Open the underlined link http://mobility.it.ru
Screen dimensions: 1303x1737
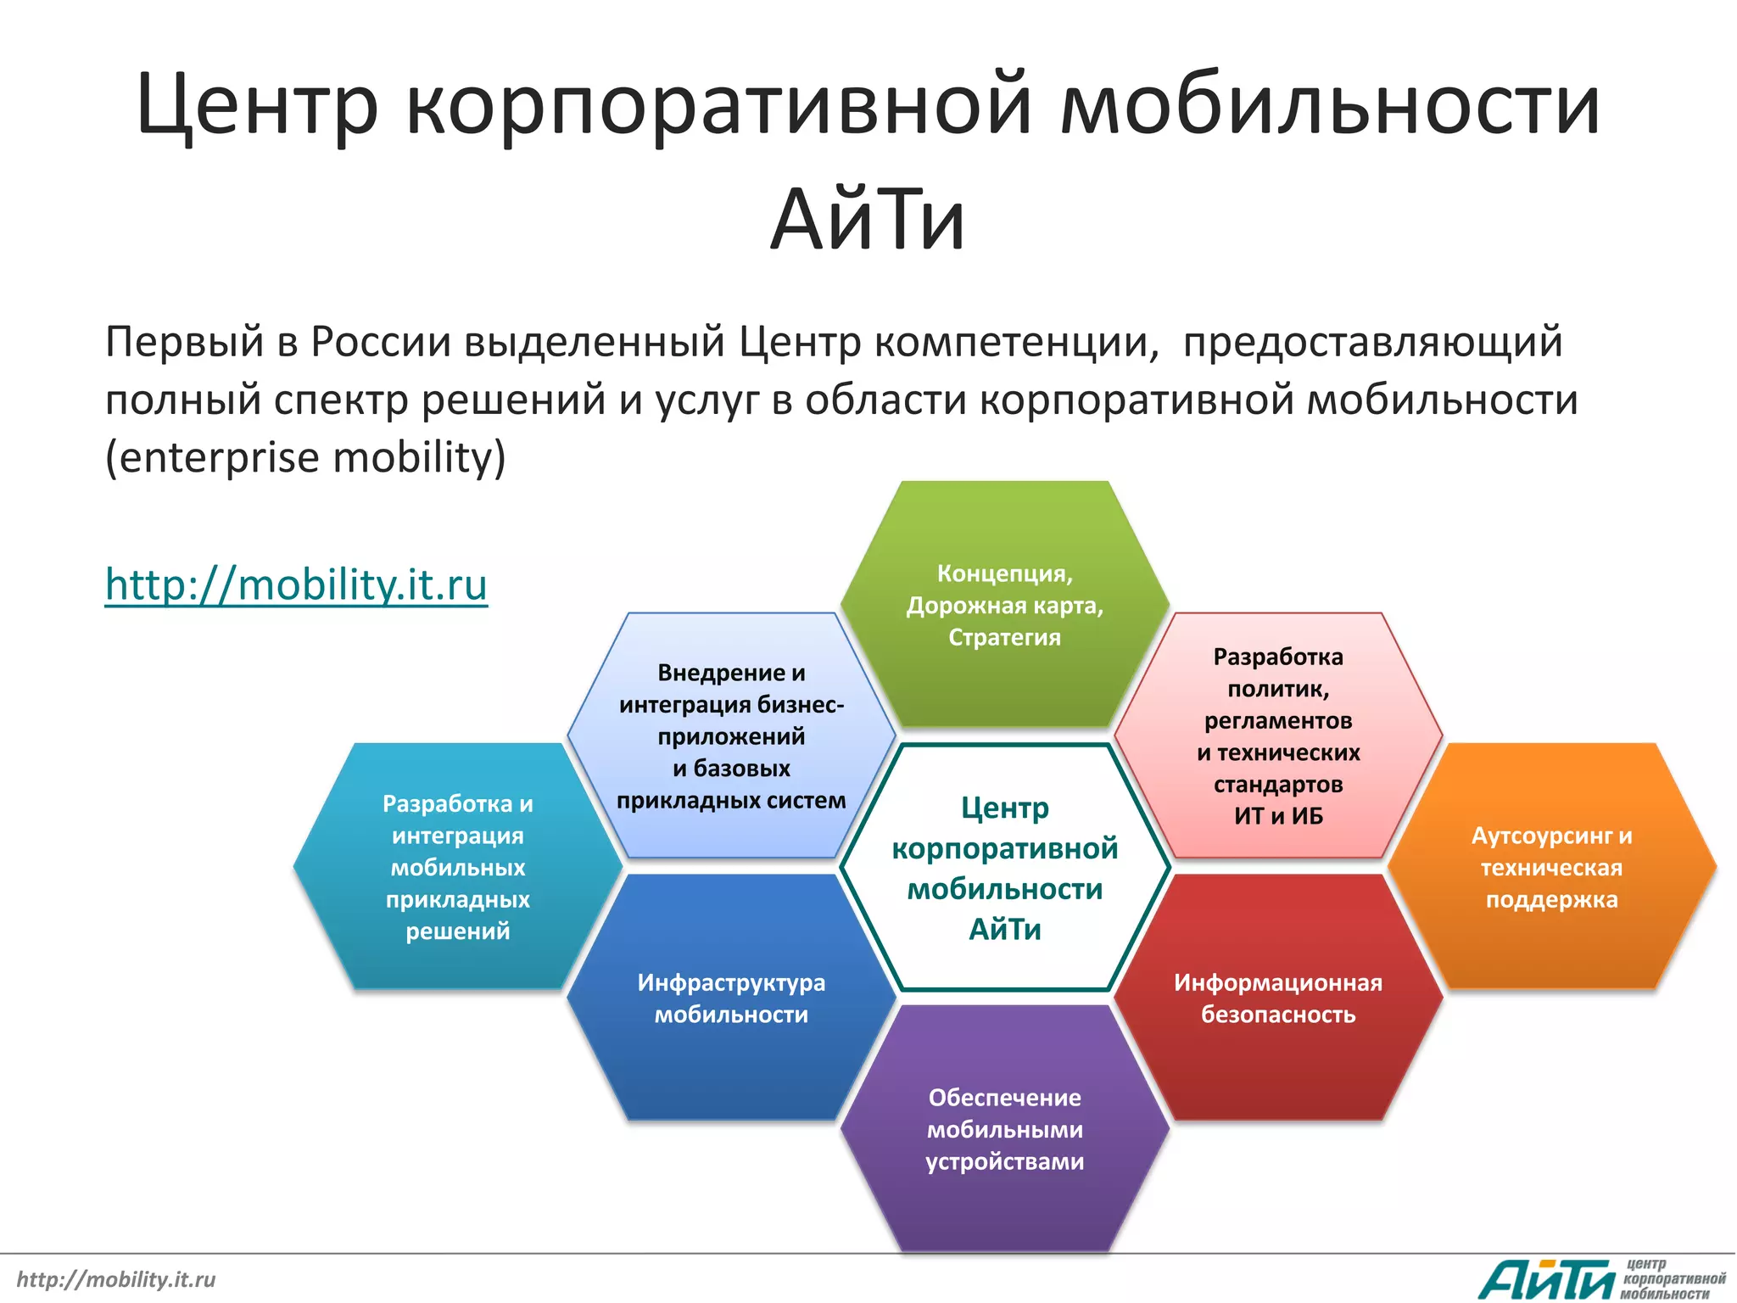point(296,584)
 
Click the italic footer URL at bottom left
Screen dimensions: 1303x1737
point(116,1279)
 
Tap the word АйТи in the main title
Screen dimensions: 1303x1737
point(868,220)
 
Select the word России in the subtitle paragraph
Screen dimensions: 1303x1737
point(381,342)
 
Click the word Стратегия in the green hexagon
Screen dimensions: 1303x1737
point(1005,637)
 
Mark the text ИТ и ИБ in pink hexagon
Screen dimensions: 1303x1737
point(1278,816)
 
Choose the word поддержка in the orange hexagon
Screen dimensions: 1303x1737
point(1552,899)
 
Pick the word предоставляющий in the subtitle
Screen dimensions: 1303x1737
point(1372,342)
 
